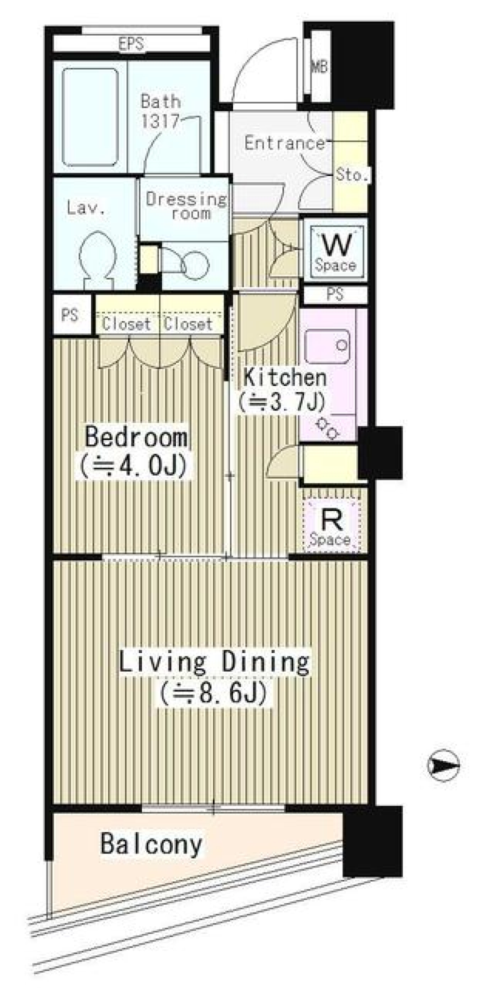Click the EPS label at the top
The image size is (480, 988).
tap(131, 44)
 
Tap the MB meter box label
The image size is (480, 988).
tap(319, 66)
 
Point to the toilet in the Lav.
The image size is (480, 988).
tap(98, 259)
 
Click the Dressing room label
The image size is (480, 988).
tap(186, 206)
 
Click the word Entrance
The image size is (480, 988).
tap(284, 143)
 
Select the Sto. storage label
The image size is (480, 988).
tap(351, 174)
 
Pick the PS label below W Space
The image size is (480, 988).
tap(335, 294)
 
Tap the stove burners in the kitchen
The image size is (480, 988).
tap(327, 427)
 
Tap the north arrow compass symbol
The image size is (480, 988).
tap(443, 765)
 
